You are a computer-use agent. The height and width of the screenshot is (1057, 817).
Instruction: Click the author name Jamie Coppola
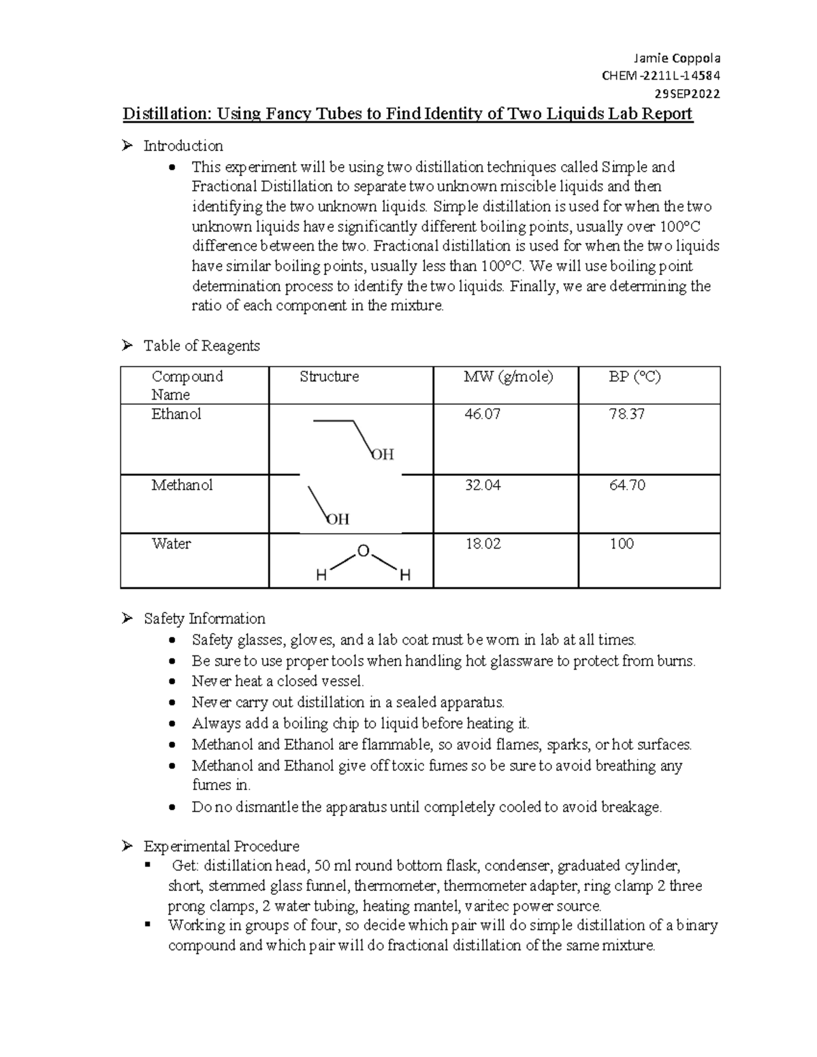click(x=677, y=59)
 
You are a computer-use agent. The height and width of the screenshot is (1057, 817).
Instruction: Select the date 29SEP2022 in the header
click(x=687, y=94)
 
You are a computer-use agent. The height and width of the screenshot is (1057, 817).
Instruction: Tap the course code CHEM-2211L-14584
click(x=661, y=76)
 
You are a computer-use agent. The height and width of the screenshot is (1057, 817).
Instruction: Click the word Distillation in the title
click(x=165, y=114)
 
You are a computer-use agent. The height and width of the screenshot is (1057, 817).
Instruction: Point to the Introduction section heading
click(x=183, y=146)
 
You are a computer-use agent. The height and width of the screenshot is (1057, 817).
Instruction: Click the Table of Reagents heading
click(x=202, y=346)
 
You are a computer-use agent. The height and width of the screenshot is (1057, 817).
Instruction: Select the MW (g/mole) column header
click(x=508, y=376)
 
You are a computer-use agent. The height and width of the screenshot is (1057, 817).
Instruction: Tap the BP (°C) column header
click(x=635, y=376)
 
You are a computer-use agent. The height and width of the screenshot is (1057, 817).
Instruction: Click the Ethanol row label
click(x=176, y=414)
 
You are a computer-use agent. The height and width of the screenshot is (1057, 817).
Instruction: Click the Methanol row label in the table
click(x=182, y=485)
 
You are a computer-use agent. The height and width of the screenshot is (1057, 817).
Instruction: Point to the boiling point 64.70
click(x=627, y=485)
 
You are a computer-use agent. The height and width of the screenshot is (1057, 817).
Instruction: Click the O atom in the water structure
click(x=363, y=551)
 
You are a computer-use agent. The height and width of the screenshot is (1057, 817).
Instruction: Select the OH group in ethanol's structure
click(x=383, y=455)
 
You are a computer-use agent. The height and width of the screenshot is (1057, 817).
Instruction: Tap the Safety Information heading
click(x=204, y=619)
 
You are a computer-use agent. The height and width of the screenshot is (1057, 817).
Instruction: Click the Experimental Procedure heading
click(x=221, y=847)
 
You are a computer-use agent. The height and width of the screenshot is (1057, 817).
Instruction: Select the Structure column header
click(x=329, y=376)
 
